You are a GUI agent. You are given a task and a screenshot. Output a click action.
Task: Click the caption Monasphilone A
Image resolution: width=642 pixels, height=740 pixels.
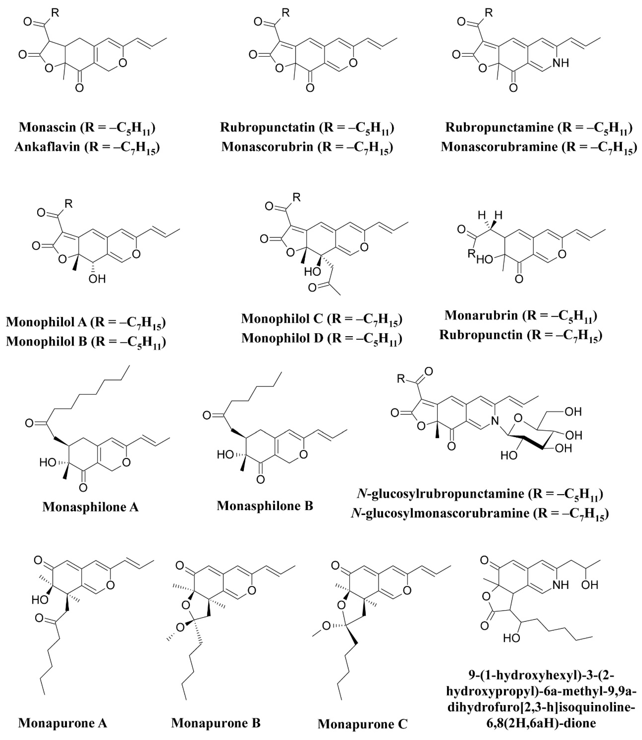tap(91, 507)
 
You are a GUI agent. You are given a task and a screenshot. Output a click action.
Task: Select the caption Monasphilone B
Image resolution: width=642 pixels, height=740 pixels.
tap(265, 506)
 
